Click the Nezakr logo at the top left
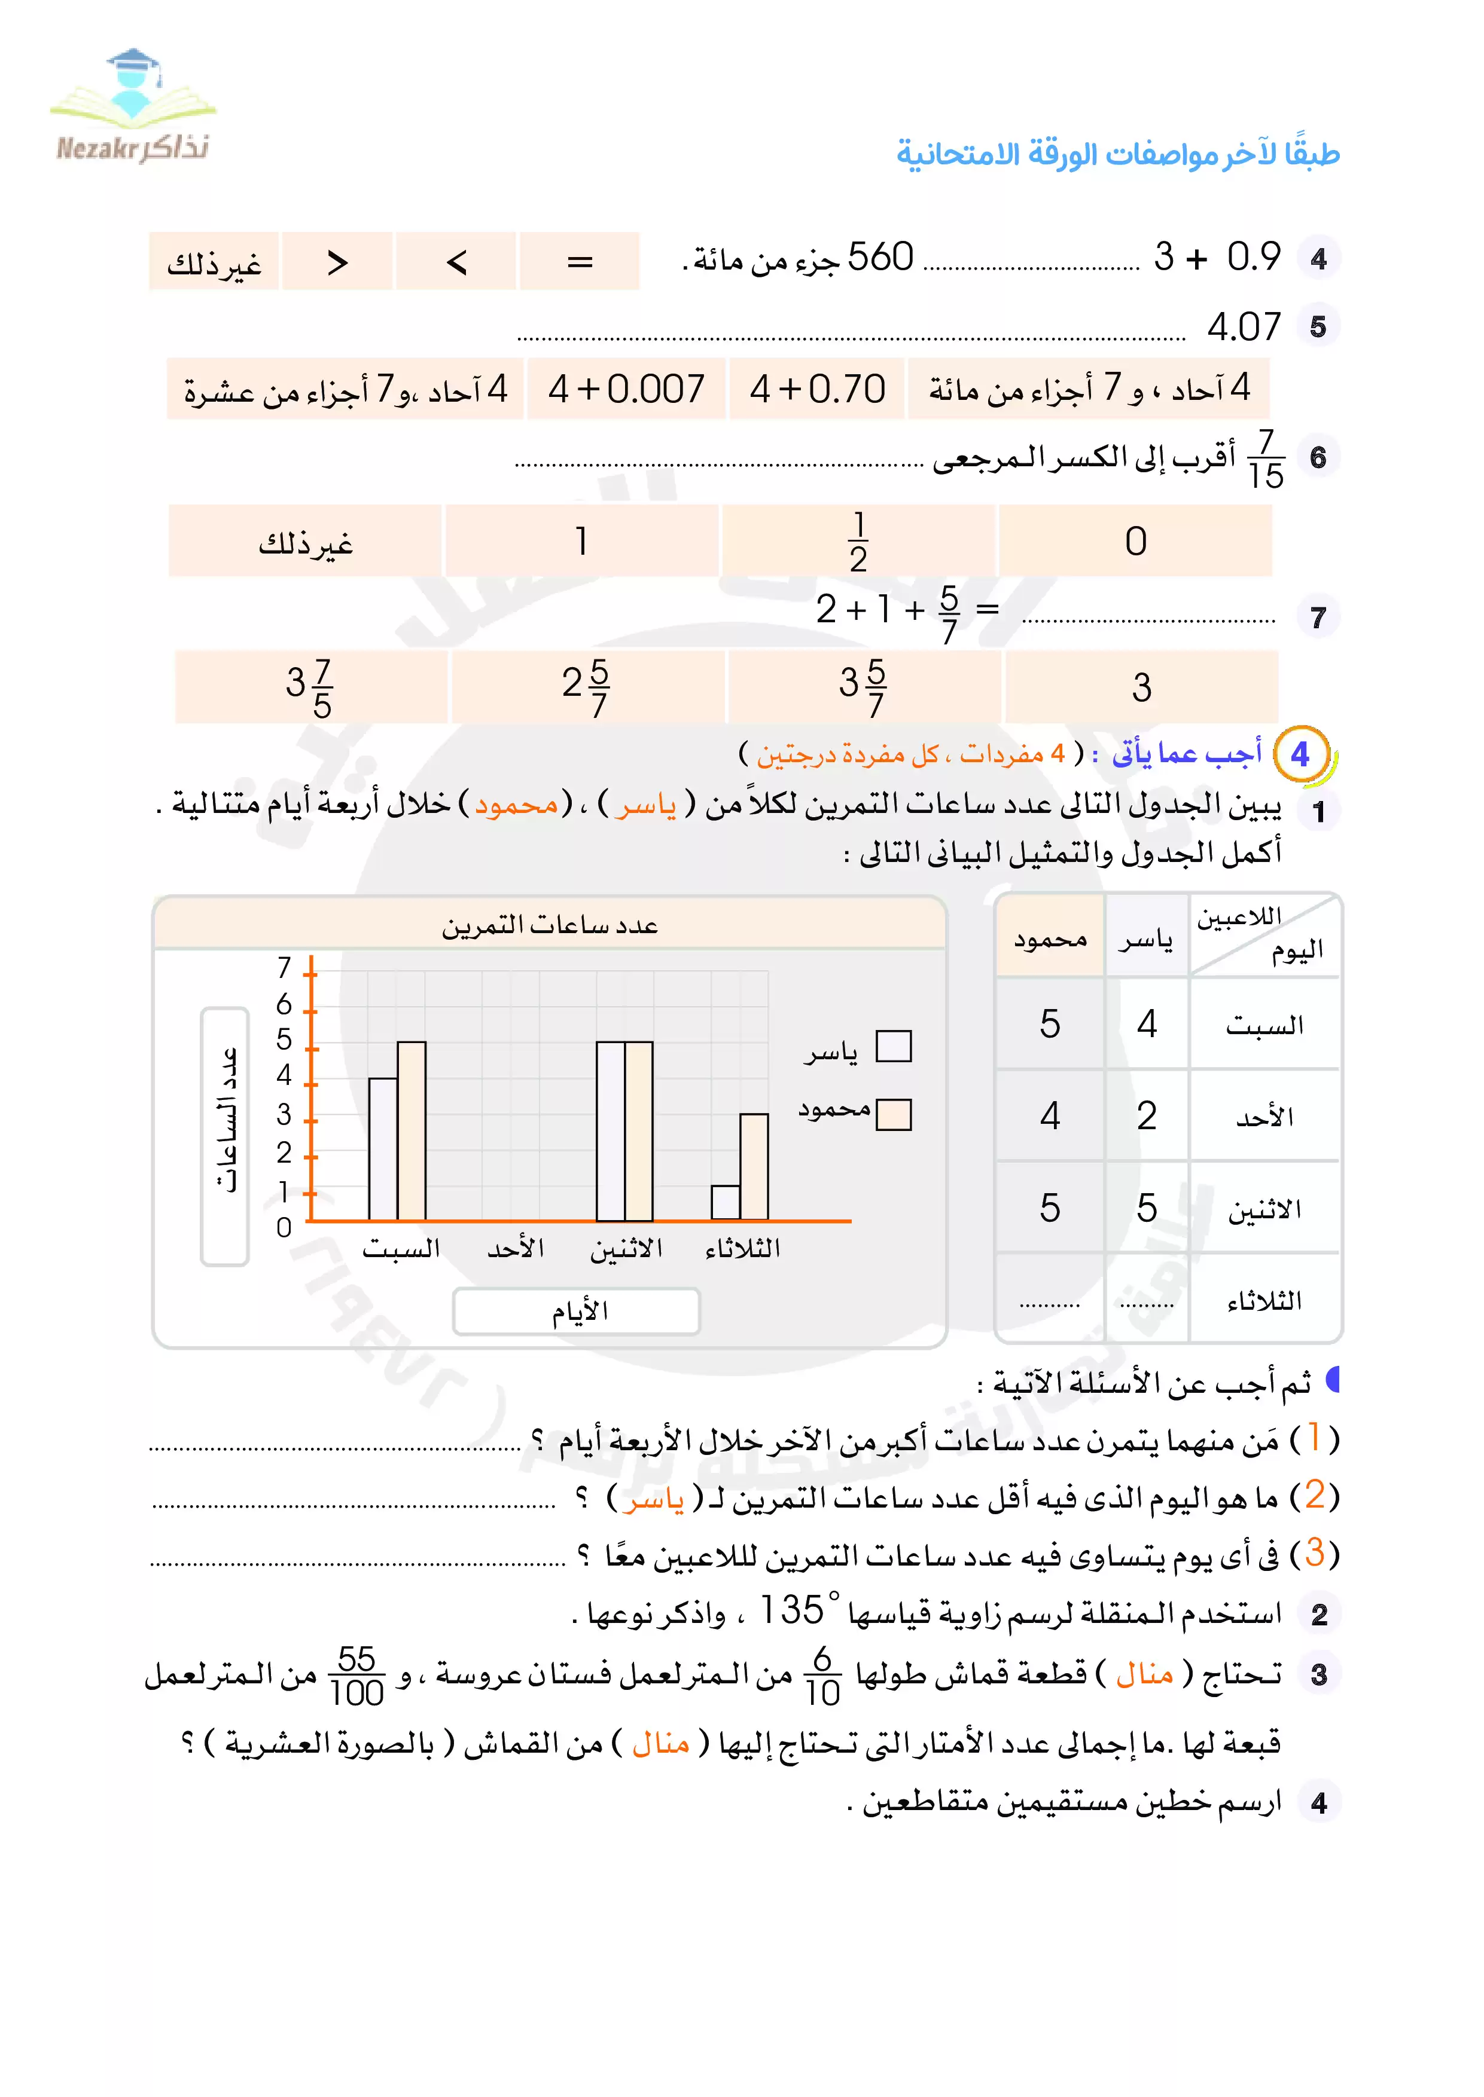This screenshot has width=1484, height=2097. tap(133, 107)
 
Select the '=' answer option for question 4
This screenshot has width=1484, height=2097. tap(580, 262)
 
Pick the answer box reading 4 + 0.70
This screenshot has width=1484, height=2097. tap(817, 390)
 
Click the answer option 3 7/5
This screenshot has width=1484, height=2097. tap(310, 687)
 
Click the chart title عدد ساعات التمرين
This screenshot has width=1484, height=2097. tap(550, 925)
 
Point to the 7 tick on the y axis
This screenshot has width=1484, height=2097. tap(284, 967)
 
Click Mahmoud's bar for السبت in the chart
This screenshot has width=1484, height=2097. tap(411, 1131)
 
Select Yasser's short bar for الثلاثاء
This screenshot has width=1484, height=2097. tap(726, 1202)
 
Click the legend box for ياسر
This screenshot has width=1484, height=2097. tap(893, 1047)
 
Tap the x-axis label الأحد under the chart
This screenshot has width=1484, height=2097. tap(516, 1249)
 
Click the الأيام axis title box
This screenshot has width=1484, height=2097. tap(577, 1312)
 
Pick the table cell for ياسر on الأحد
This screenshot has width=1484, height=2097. tap(1147, 1116)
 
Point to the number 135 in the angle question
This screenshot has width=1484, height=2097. tap(791, 1610)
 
